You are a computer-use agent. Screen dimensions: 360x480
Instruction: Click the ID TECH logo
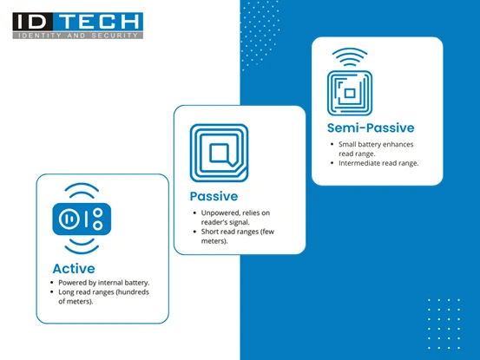[78, 26]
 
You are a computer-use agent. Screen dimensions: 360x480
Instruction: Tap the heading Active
[74, 268]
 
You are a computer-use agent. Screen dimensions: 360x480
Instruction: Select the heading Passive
[214, 196]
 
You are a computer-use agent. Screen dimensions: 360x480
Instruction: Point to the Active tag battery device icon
[78, 219]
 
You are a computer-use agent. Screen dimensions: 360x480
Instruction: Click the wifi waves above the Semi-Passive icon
[348, 58]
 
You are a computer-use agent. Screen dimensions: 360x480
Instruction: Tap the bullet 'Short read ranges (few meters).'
[239, 236]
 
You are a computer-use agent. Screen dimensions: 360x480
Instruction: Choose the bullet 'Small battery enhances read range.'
[378, 147]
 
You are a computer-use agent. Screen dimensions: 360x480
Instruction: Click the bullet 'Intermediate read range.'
[378, 163]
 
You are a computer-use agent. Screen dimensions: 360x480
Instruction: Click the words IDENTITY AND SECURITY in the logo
[78, 36]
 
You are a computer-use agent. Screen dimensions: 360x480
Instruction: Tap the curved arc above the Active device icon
[78, 187]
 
